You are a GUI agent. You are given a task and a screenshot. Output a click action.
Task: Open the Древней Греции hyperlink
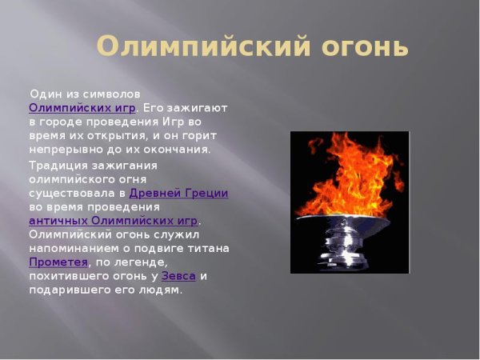pos(178,193)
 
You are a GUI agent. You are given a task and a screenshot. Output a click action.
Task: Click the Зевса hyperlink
pos(178,276)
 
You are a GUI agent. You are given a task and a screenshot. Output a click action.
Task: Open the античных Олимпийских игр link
pos(113,220)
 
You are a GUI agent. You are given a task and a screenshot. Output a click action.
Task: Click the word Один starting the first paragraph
pos(44,94)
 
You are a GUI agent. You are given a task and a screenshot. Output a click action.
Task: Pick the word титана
pos(210,248)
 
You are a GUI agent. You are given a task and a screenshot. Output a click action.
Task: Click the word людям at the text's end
pos(163,290)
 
